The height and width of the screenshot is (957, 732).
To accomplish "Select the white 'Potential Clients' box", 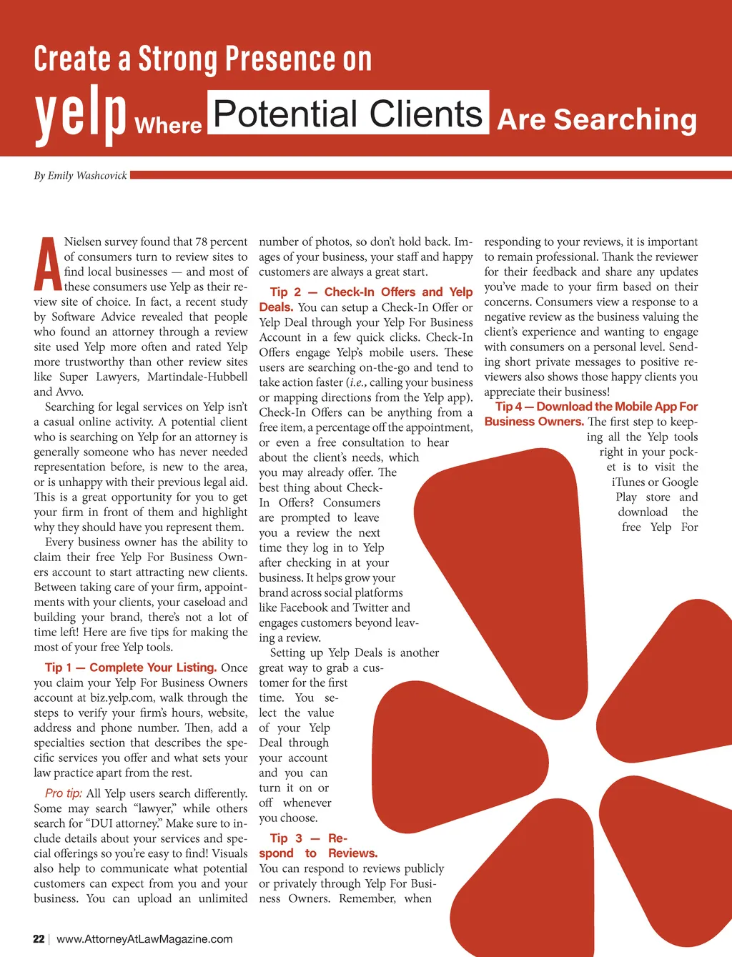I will [348, 113].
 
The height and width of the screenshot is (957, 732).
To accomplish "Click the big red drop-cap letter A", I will [47, 264].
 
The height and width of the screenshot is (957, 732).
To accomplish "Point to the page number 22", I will [39, 938].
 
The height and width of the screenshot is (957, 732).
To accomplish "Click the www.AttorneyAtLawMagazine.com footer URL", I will [144, 938].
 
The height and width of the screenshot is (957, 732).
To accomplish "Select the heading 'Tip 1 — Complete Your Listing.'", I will [131, 668].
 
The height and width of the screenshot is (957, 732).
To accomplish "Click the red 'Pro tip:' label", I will [64, 793].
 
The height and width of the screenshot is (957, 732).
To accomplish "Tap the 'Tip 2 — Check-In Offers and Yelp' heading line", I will [371, 292].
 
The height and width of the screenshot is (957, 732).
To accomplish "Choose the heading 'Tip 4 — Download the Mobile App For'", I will [596, 406].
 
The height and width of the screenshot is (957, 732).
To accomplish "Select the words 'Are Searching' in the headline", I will [597, 119].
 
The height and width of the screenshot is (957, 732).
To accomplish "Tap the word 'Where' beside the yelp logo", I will [168, 126].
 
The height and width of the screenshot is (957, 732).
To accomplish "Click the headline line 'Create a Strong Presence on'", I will [203, 59].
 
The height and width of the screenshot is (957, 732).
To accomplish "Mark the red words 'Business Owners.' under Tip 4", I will [534, 422].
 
